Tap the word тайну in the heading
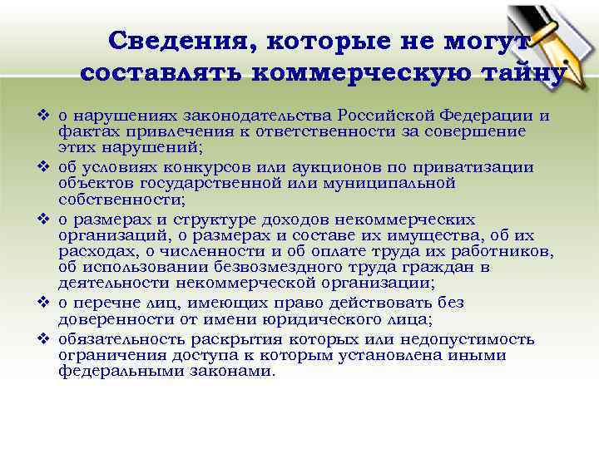coord(523,72)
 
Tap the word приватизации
coord(480,166)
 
